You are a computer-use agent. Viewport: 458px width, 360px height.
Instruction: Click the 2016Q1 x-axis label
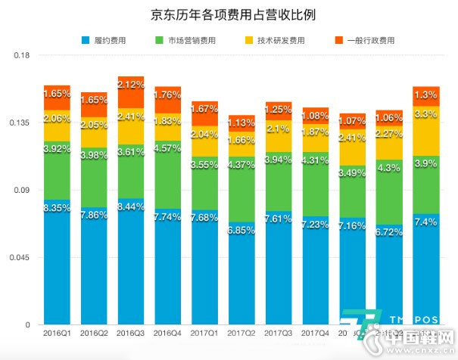click(58, 333)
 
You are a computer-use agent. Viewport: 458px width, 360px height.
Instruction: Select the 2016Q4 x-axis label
click(168, 333)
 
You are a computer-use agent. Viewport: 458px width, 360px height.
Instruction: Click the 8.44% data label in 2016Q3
click(131, 205)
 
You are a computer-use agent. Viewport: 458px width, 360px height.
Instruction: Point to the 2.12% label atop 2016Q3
click(131, 84)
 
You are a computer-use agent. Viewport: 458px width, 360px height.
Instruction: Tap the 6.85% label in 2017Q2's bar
click(242, 229)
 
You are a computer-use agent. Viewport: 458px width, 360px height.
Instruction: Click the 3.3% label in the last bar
click(426, 114)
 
